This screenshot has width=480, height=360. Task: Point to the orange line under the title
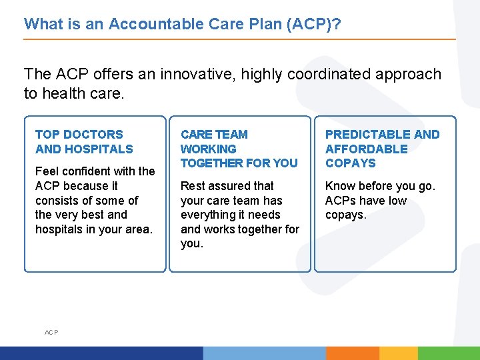point(240,39)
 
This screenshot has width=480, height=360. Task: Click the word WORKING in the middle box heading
point(208,149)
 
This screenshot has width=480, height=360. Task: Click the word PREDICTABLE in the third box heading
point(367,135)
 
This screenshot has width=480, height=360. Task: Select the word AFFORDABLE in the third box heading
point(366,149)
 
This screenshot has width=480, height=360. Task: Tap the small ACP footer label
point(51,332)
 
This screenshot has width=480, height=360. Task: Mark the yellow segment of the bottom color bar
point(399,353)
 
